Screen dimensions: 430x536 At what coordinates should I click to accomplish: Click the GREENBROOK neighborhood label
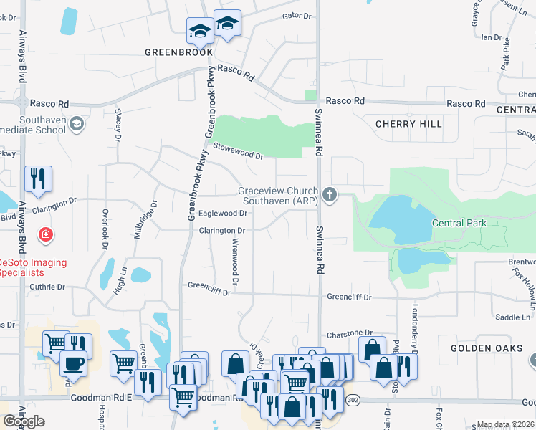pos(178,52)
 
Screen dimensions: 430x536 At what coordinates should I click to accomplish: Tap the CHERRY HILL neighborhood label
pos(408,124)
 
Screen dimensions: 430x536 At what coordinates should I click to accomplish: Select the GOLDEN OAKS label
pos(484,348)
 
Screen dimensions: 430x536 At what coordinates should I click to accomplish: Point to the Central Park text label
pos(459,223)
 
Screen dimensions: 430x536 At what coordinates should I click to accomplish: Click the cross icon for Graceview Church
pos(330,195)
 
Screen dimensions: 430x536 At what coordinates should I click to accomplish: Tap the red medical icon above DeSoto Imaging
pos(45,234)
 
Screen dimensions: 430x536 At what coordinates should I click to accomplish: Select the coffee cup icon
pos(74,363)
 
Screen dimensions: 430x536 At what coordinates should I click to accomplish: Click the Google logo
pos(24,421)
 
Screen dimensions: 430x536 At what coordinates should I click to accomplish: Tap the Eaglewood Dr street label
pos(222,213)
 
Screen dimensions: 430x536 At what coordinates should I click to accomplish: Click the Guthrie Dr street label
pos(47,287)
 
